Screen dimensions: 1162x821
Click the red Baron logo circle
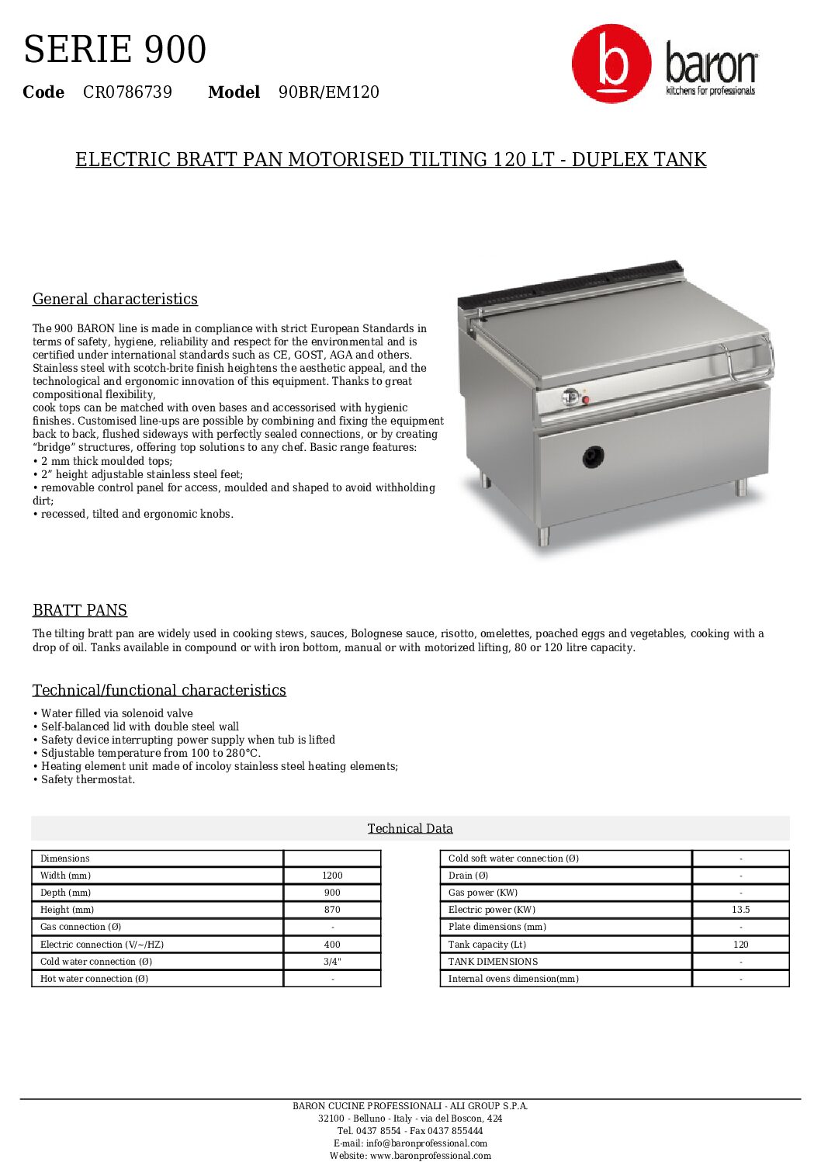tap(611, 64)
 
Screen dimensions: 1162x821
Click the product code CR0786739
tap(127, 92)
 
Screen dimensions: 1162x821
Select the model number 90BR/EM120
tap(329, 92)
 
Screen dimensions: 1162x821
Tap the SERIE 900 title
tap(115, 50)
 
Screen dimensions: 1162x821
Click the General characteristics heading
tap(115, 299)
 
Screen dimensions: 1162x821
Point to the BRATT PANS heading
tap(80, 610)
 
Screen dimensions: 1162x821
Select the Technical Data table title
tap(410, 828)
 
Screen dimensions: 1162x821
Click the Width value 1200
tap(332, 876)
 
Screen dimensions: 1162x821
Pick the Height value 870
tap(332, 910)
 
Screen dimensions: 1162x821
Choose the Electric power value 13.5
tap(740, 910)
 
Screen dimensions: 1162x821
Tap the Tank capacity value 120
tap(740, 945)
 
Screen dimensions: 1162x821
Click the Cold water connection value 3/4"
tap(332, 962)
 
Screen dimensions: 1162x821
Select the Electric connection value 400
tap(332, 945)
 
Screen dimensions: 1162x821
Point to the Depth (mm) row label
tap(66, 893)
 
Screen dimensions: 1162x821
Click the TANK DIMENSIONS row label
tap(493, 962)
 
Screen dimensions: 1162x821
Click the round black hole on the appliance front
tap(594, 457)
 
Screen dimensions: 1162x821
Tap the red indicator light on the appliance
tap(586, 400)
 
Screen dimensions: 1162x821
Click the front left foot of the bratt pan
tap(544, 535)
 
